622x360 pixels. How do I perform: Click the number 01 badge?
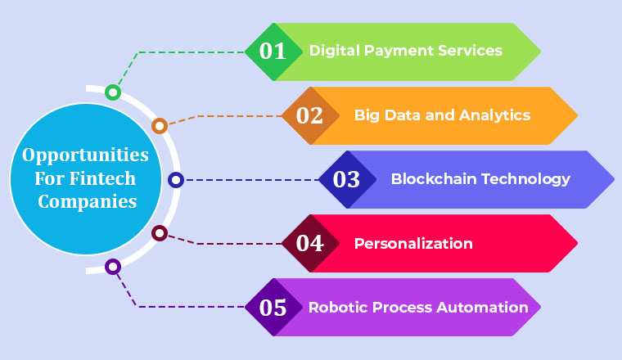tap(273, 52)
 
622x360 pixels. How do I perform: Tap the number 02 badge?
tap(310, 115)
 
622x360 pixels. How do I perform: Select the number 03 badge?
tap(347, 179)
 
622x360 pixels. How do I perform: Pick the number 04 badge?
tap(310, 243)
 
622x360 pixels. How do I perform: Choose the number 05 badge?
tap(273, 308)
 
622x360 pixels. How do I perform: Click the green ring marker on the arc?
tap(113, 92)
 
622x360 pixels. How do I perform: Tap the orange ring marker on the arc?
tap(160, 126)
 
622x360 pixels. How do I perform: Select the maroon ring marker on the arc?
tap(160, 234)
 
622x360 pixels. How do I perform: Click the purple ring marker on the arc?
tap(113, 267)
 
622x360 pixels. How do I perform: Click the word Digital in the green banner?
tap(331, 51)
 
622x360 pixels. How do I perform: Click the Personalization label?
tap(413, 243)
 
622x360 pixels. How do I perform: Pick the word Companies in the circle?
tap(85, 201)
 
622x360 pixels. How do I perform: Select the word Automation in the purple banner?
tap(483, 308)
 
